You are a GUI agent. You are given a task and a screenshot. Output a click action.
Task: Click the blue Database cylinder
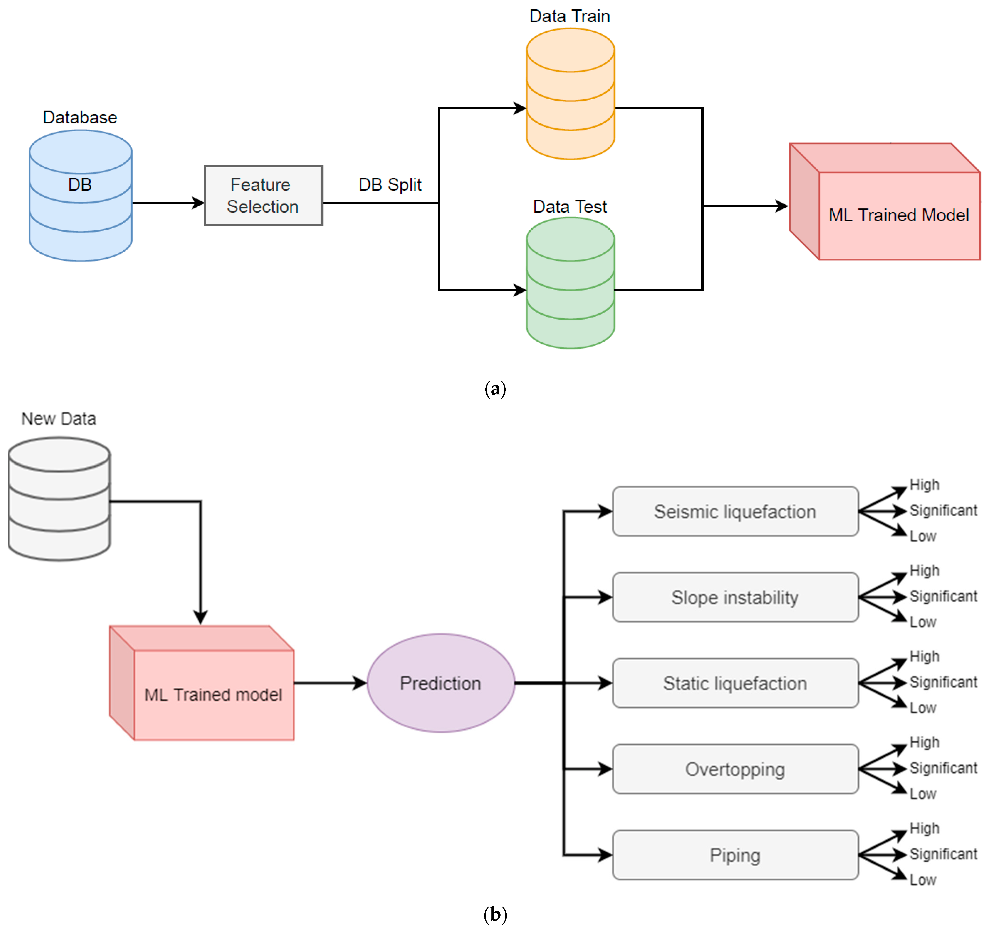(x=81, y=195)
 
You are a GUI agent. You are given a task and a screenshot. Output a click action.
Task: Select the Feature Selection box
(x=263, y=195)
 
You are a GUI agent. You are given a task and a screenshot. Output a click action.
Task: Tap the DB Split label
(x=390, y=185)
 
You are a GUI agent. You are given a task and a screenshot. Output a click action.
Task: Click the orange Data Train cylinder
(x=571, y=93)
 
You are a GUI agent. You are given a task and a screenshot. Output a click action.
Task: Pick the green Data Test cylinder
(x=571, y=283)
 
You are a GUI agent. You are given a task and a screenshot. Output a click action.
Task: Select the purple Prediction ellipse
(x=441, y=683)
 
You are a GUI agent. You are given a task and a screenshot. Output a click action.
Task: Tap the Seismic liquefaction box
(x=735, y=511)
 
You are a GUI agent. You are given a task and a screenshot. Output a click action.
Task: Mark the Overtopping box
(x=735, y=769)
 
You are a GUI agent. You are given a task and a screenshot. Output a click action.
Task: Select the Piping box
(x=735, y=855)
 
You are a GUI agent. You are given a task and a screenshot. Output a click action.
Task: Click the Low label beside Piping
(x=923, y=880)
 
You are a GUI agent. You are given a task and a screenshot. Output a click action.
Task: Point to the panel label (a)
(x=495, y=389)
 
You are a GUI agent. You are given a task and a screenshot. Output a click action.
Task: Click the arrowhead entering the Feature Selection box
(x=198, y=203)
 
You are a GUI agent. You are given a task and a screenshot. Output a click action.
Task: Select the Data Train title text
(x=570, y=16)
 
